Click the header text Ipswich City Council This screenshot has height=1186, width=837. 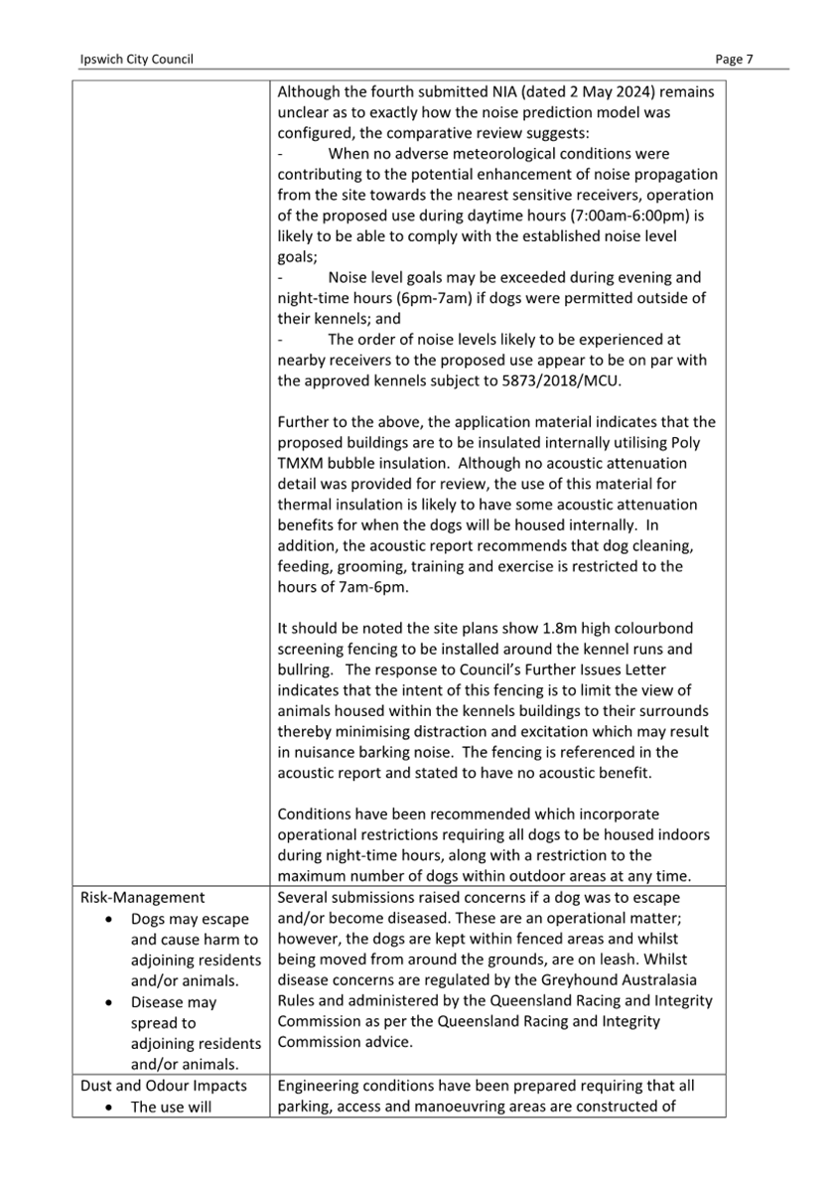click(x=136, y=60)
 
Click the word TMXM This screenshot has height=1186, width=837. click(x=302, y=463)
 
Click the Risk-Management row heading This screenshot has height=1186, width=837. click(x=142, y=898)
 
